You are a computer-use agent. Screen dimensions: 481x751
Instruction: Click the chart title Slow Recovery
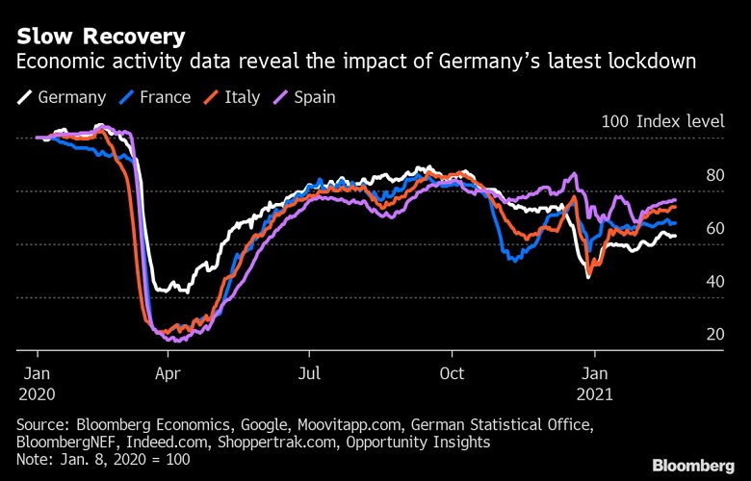tap(100, 37)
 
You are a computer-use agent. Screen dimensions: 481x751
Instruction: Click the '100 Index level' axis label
tap(665, 122)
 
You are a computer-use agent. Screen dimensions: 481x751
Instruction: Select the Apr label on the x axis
tap(168, 373)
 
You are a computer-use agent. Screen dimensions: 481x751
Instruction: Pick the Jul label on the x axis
tap(309, 373)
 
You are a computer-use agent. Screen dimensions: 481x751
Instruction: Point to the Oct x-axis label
tap(452, 373)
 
